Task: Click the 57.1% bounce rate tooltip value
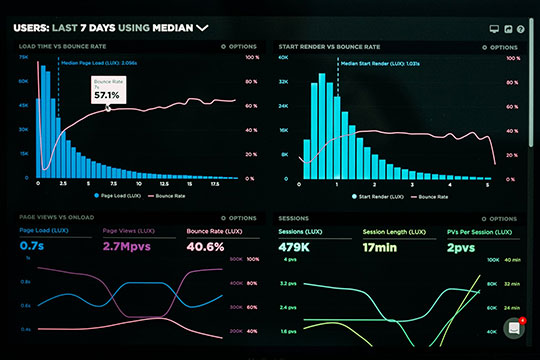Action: pyautogui.click(x=107, y=95)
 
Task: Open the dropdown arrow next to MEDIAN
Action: pyautogui.click(x=203, y=29)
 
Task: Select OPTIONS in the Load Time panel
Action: pyautogui.click(x=241, y=47)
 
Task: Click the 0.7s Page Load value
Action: pyautogui.click(x=31, y=246)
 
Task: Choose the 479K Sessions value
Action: pyautogui.click(x=294, y=246)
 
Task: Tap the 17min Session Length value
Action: pyautogui.click(x=380, y=246)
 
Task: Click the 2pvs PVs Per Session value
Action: pyautogui.click(x=462, y=246)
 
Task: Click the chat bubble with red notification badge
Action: pyautogui.click(x=515, y=328)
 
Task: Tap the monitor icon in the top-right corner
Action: pyautogui.click(x=494, y=30)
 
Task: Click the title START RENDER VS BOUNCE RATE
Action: pyautogui.click(x=328, y=47)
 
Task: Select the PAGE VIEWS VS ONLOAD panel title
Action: pyautogui.click(x=56, y=217)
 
